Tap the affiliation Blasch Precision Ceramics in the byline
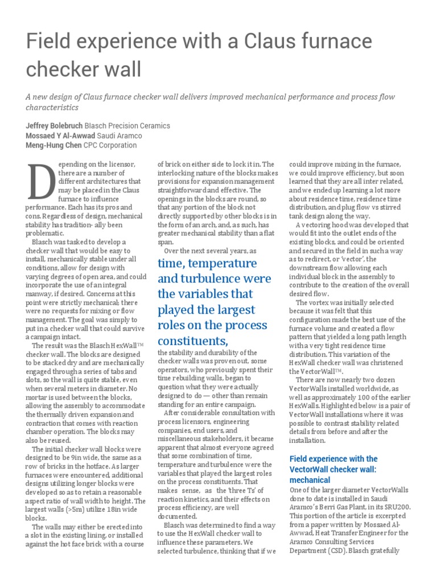pyautogui.click(x=127, y=125)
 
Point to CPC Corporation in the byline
pyautogui.click(x=110, y=145)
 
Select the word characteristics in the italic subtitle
pyautogui.click(x=52, y=107)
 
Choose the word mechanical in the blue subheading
pyautogui.click(x=310, y=480)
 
